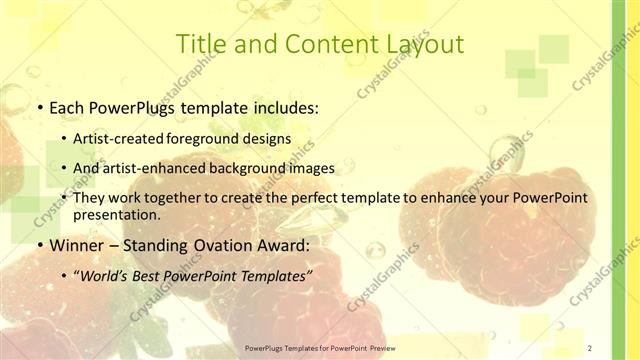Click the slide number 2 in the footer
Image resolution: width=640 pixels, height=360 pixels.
[590, 347]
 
